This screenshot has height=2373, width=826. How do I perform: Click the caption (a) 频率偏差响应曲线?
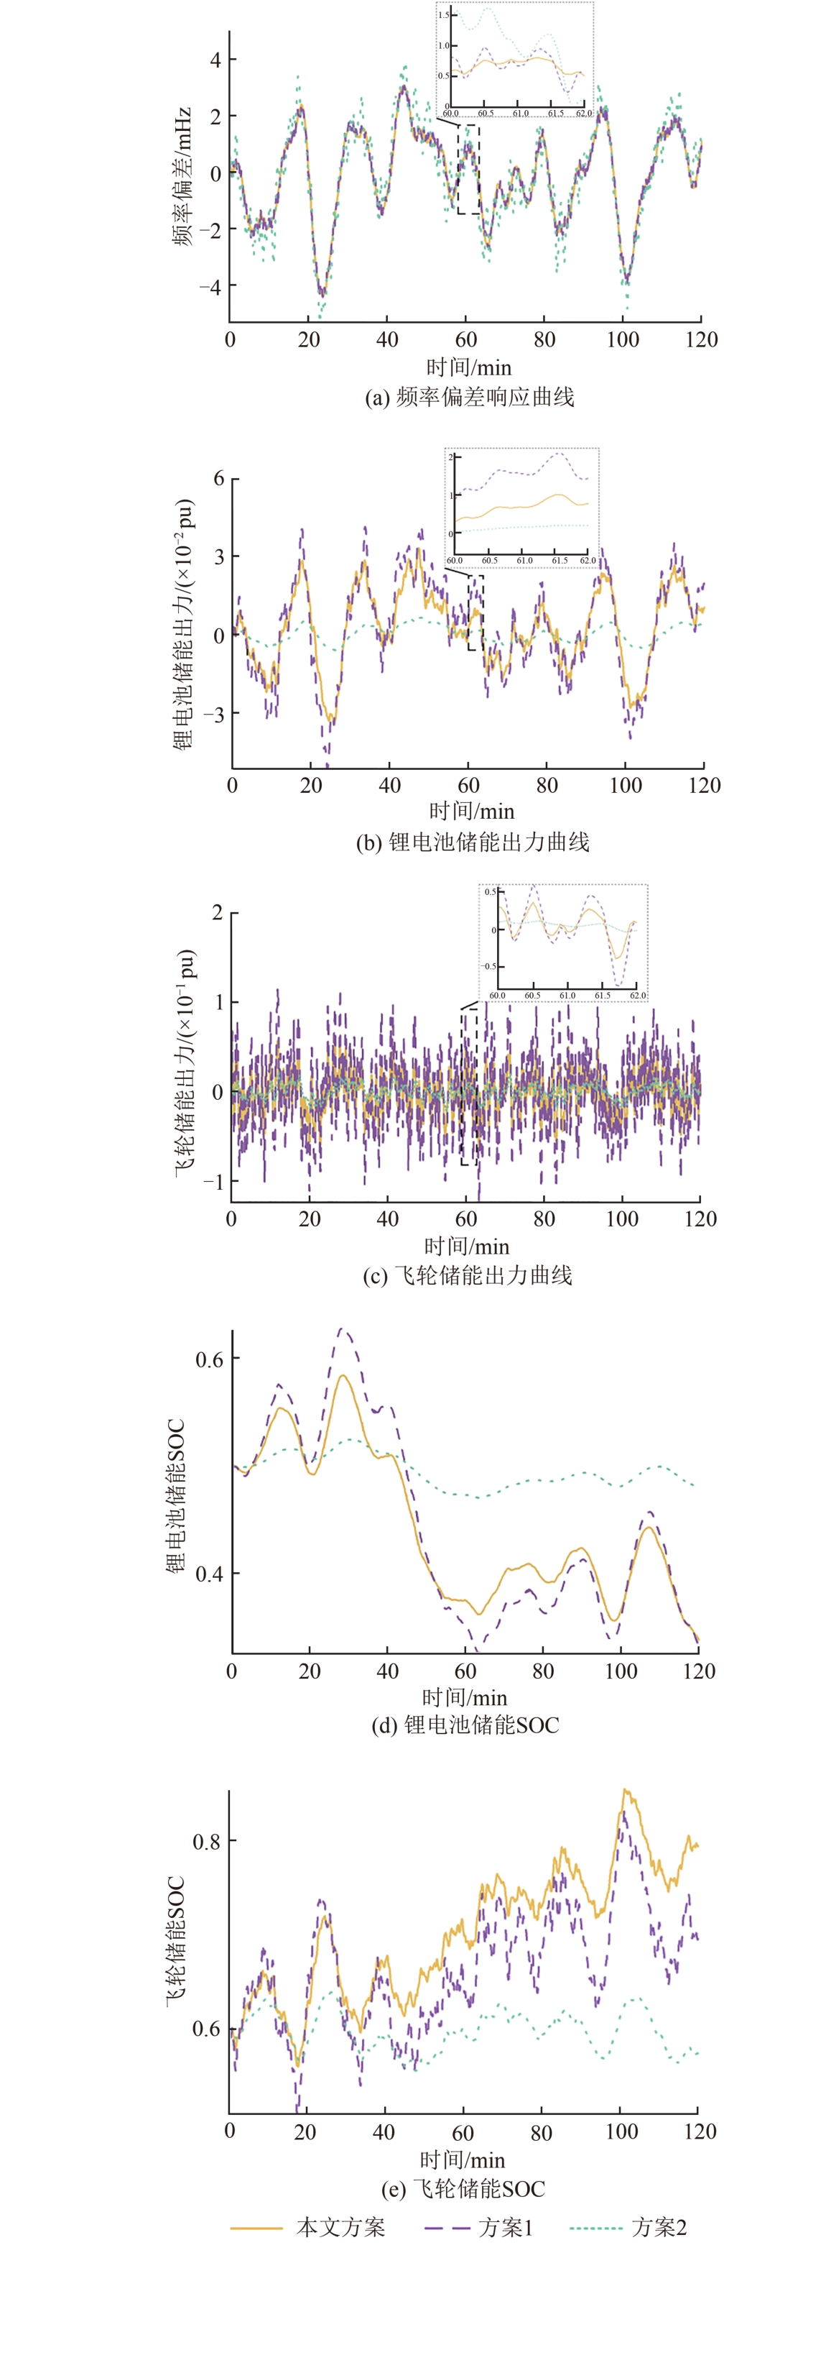(469, 397)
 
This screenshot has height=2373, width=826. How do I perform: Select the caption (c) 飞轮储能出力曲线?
(468, 1275)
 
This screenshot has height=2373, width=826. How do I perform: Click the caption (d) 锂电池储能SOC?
(465, 1725)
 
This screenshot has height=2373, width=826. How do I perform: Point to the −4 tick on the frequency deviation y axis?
(211, 288)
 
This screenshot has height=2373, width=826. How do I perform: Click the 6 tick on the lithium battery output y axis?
(218, 478)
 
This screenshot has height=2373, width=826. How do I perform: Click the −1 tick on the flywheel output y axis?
(213, 1181)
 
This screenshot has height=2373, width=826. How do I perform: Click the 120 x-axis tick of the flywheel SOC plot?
(700, 2131)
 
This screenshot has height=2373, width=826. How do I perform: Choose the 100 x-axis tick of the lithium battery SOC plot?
(621, 1671)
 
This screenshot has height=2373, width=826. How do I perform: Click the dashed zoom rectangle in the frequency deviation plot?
(468, 169)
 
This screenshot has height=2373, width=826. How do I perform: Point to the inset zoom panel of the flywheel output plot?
(562, 942)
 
